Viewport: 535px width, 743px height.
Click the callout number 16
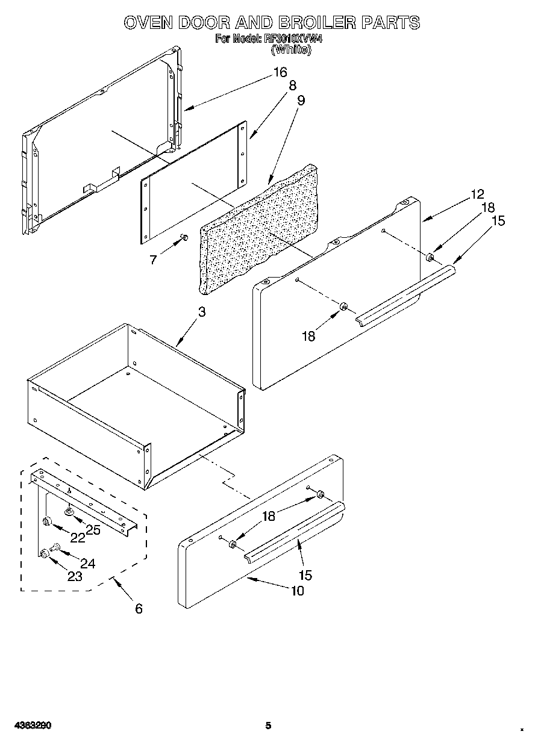280,72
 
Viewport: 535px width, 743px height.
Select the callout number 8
293,86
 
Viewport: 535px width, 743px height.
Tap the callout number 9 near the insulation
301,101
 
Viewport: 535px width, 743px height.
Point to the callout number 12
477,194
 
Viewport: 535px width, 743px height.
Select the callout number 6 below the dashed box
139,609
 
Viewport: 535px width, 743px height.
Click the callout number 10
297,591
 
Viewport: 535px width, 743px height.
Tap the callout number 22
77,538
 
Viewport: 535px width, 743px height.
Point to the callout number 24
87,564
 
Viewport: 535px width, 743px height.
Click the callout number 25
92,529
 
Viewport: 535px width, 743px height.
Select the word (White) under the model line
291,50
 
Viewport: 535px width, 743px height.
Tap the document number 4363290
29,726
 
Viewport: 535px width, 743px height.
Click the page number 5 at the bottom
268,726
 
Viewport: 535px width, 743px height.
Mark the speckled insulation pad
259,229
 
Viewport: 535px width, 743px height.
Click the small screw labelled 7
184,238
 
